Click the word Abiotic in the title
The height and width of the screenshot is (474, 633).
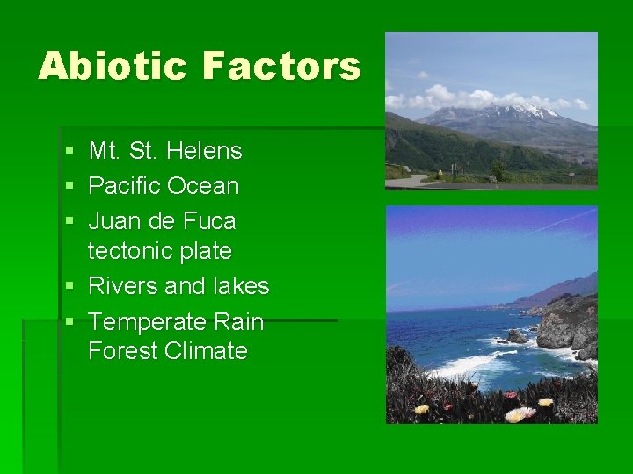(112, 66)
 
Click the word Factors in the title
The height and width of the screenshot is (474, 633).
(281, 66)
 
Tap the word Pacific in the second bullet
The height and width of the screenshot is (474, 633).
(124, 186)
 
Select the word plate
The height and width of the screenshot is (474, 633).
(205, 251)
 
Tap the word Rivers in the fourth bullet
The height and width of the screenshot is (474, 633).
(123, 286)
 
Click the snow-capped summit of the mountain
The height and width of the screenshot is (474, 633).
(527, 111)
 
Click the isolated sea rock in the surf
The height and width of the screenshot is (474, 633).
(515, 336)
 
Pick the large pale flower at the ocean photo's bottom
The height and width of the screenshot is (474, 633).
(520, 413)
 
